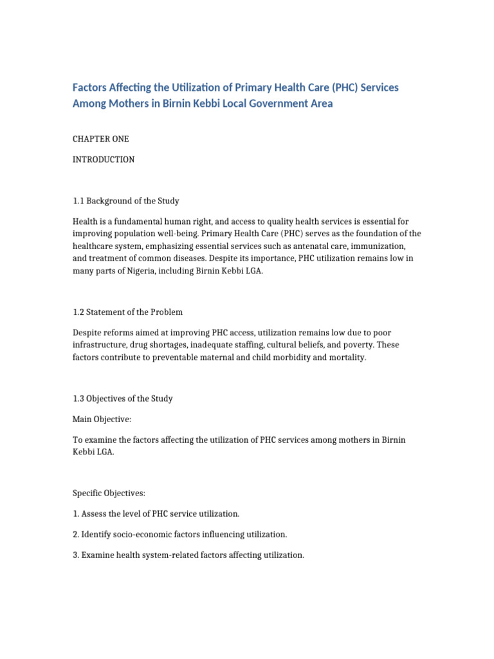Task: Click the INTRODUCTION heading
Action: tap(104, 160)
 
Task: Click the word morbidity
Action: tap(291, 357)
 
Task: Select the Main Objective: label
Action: tap(102, 419)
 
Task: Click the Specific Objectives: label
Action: tap(109, 493)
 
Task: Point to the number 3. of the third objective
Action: tap(75, 555)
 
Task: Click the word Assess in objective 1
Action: tap(95, 514)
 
